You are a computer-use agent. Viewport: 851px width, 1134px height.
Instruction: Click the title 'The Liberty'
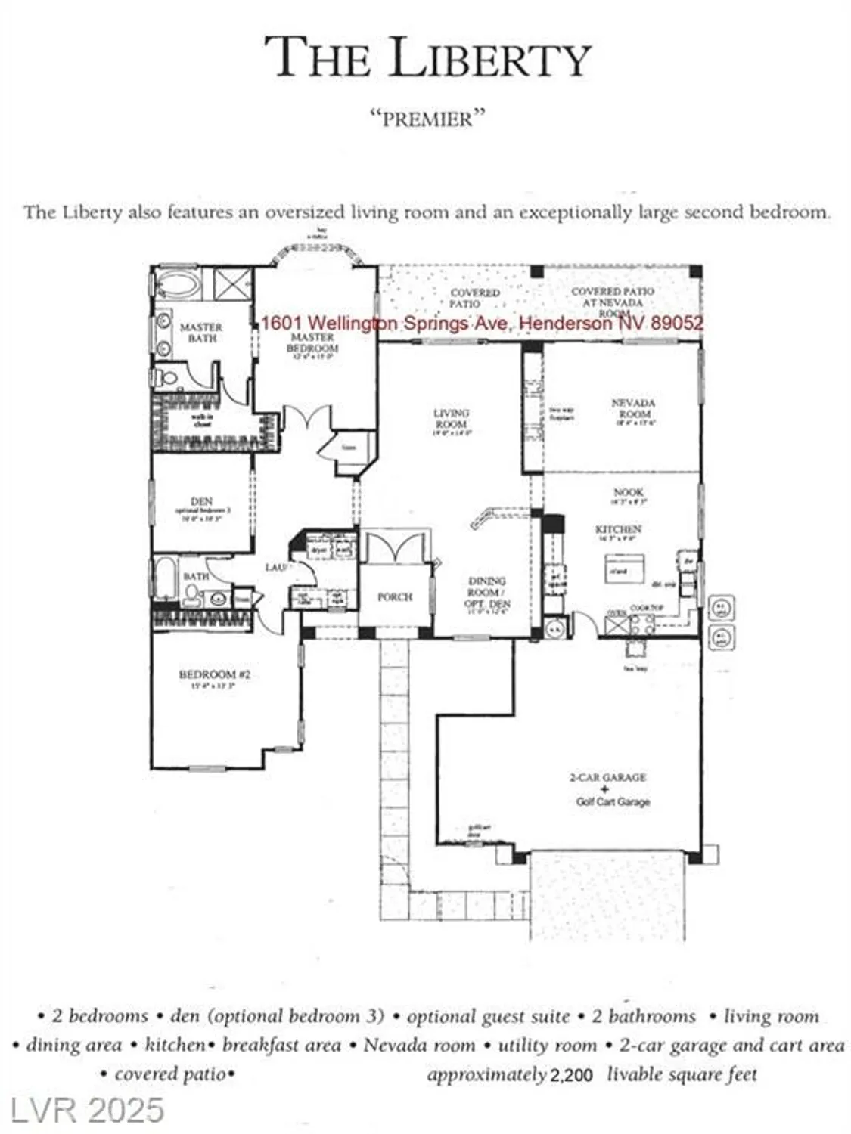click(427, 58)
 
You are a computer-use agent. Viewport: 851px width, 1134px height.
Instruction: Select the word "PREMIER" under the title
click(427, 119)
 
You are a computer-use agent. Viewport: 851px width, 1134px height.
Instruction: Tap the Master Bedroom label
click(312, 342)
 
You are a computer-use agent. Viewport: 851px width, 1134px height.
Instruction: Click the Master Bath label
click(200, 333)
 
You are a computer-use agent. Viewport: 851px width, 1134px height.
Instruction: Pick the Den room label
click(202, 501)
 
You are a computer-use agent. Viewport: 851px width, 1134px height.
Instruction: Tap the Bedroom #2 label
click(214, 674)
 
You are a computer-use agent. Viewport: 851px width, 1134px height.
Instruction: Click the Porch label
click(395, 596)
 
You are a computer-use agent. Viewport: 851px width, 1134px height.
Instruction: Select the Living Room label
click(452, 418)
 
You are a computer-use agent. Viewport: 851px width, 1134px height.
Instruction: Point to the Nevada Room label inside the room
click(633, 408)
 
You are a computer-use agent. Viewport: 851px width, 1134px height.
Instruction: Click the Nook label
click(628, 492)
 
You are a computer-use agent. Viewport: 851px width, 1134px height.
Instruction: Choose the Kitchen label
click(618, 529)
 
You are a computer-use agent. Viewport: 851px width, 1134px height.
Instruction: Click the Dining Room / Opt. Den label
click(487, 593)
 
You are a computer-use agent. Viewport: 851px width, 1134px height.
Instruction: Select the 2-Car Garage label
click(607, 777)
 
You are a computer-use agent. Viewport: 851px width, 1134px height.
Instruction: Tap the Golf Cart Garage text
click(613, 802)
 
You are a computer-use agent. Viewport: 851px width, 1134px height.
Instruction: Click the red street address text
click(482, 323)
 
